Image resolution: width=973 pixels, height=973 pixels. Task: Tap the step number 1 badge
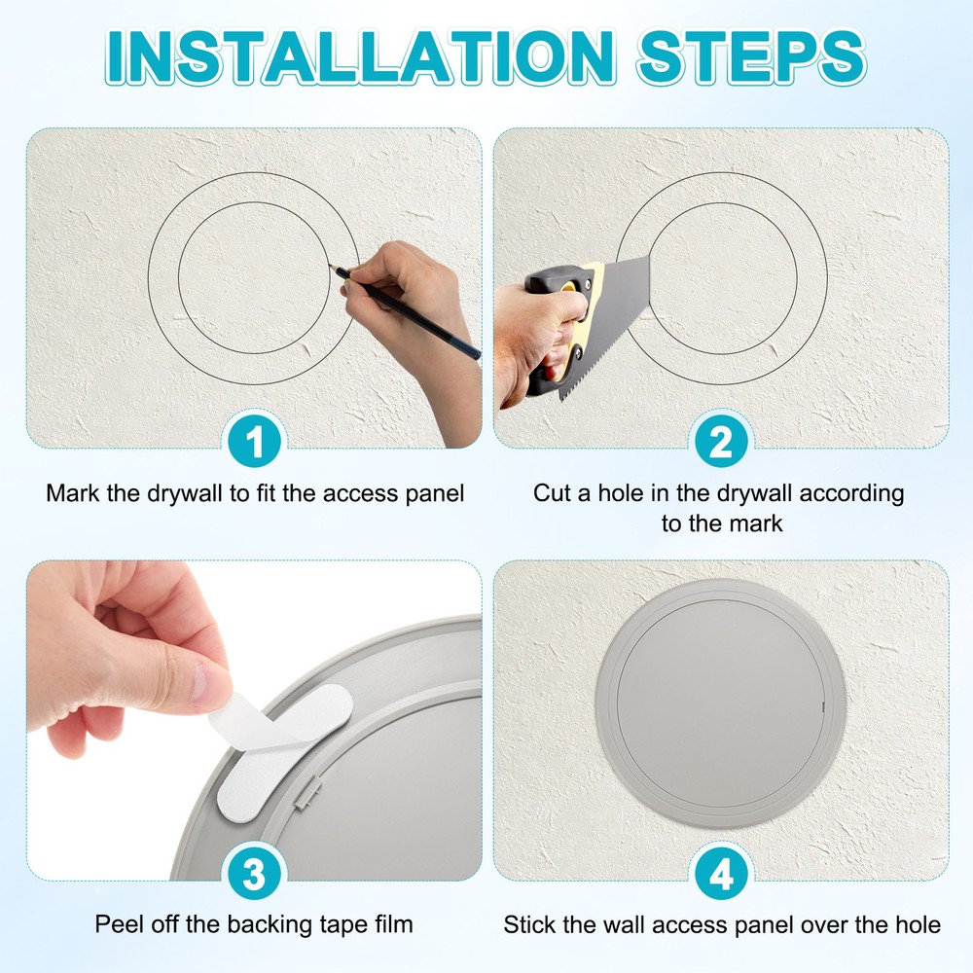click(254, 444)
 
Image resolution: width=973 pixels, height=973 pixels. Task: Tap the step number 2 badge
click(720, 444)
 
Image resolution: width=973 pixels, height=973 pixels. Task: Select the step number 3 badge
click(254, 875)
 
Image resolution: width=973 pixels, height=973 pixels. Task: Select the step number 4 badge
click(720, 875)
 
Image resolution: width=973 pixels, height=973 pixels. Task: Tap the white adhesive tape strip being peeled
click(282, 739)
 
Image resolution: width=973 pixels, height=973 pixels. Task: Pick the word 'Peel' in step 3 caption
click(117, 923)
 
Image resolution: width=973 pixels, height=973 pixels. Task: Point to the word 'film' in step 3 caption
click(391, 923)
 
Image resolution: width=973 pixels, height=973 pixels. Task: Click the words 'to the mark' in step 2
click(721, 523)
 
